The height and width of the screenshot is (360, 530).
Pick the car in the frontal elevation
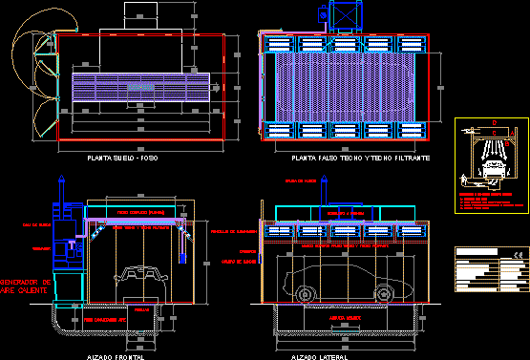pos(142,275)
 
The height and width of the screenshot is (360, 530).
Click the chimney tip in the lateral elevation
pos(262,203)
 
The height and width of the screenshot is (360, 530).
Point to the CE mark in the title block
pos(519,254)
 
